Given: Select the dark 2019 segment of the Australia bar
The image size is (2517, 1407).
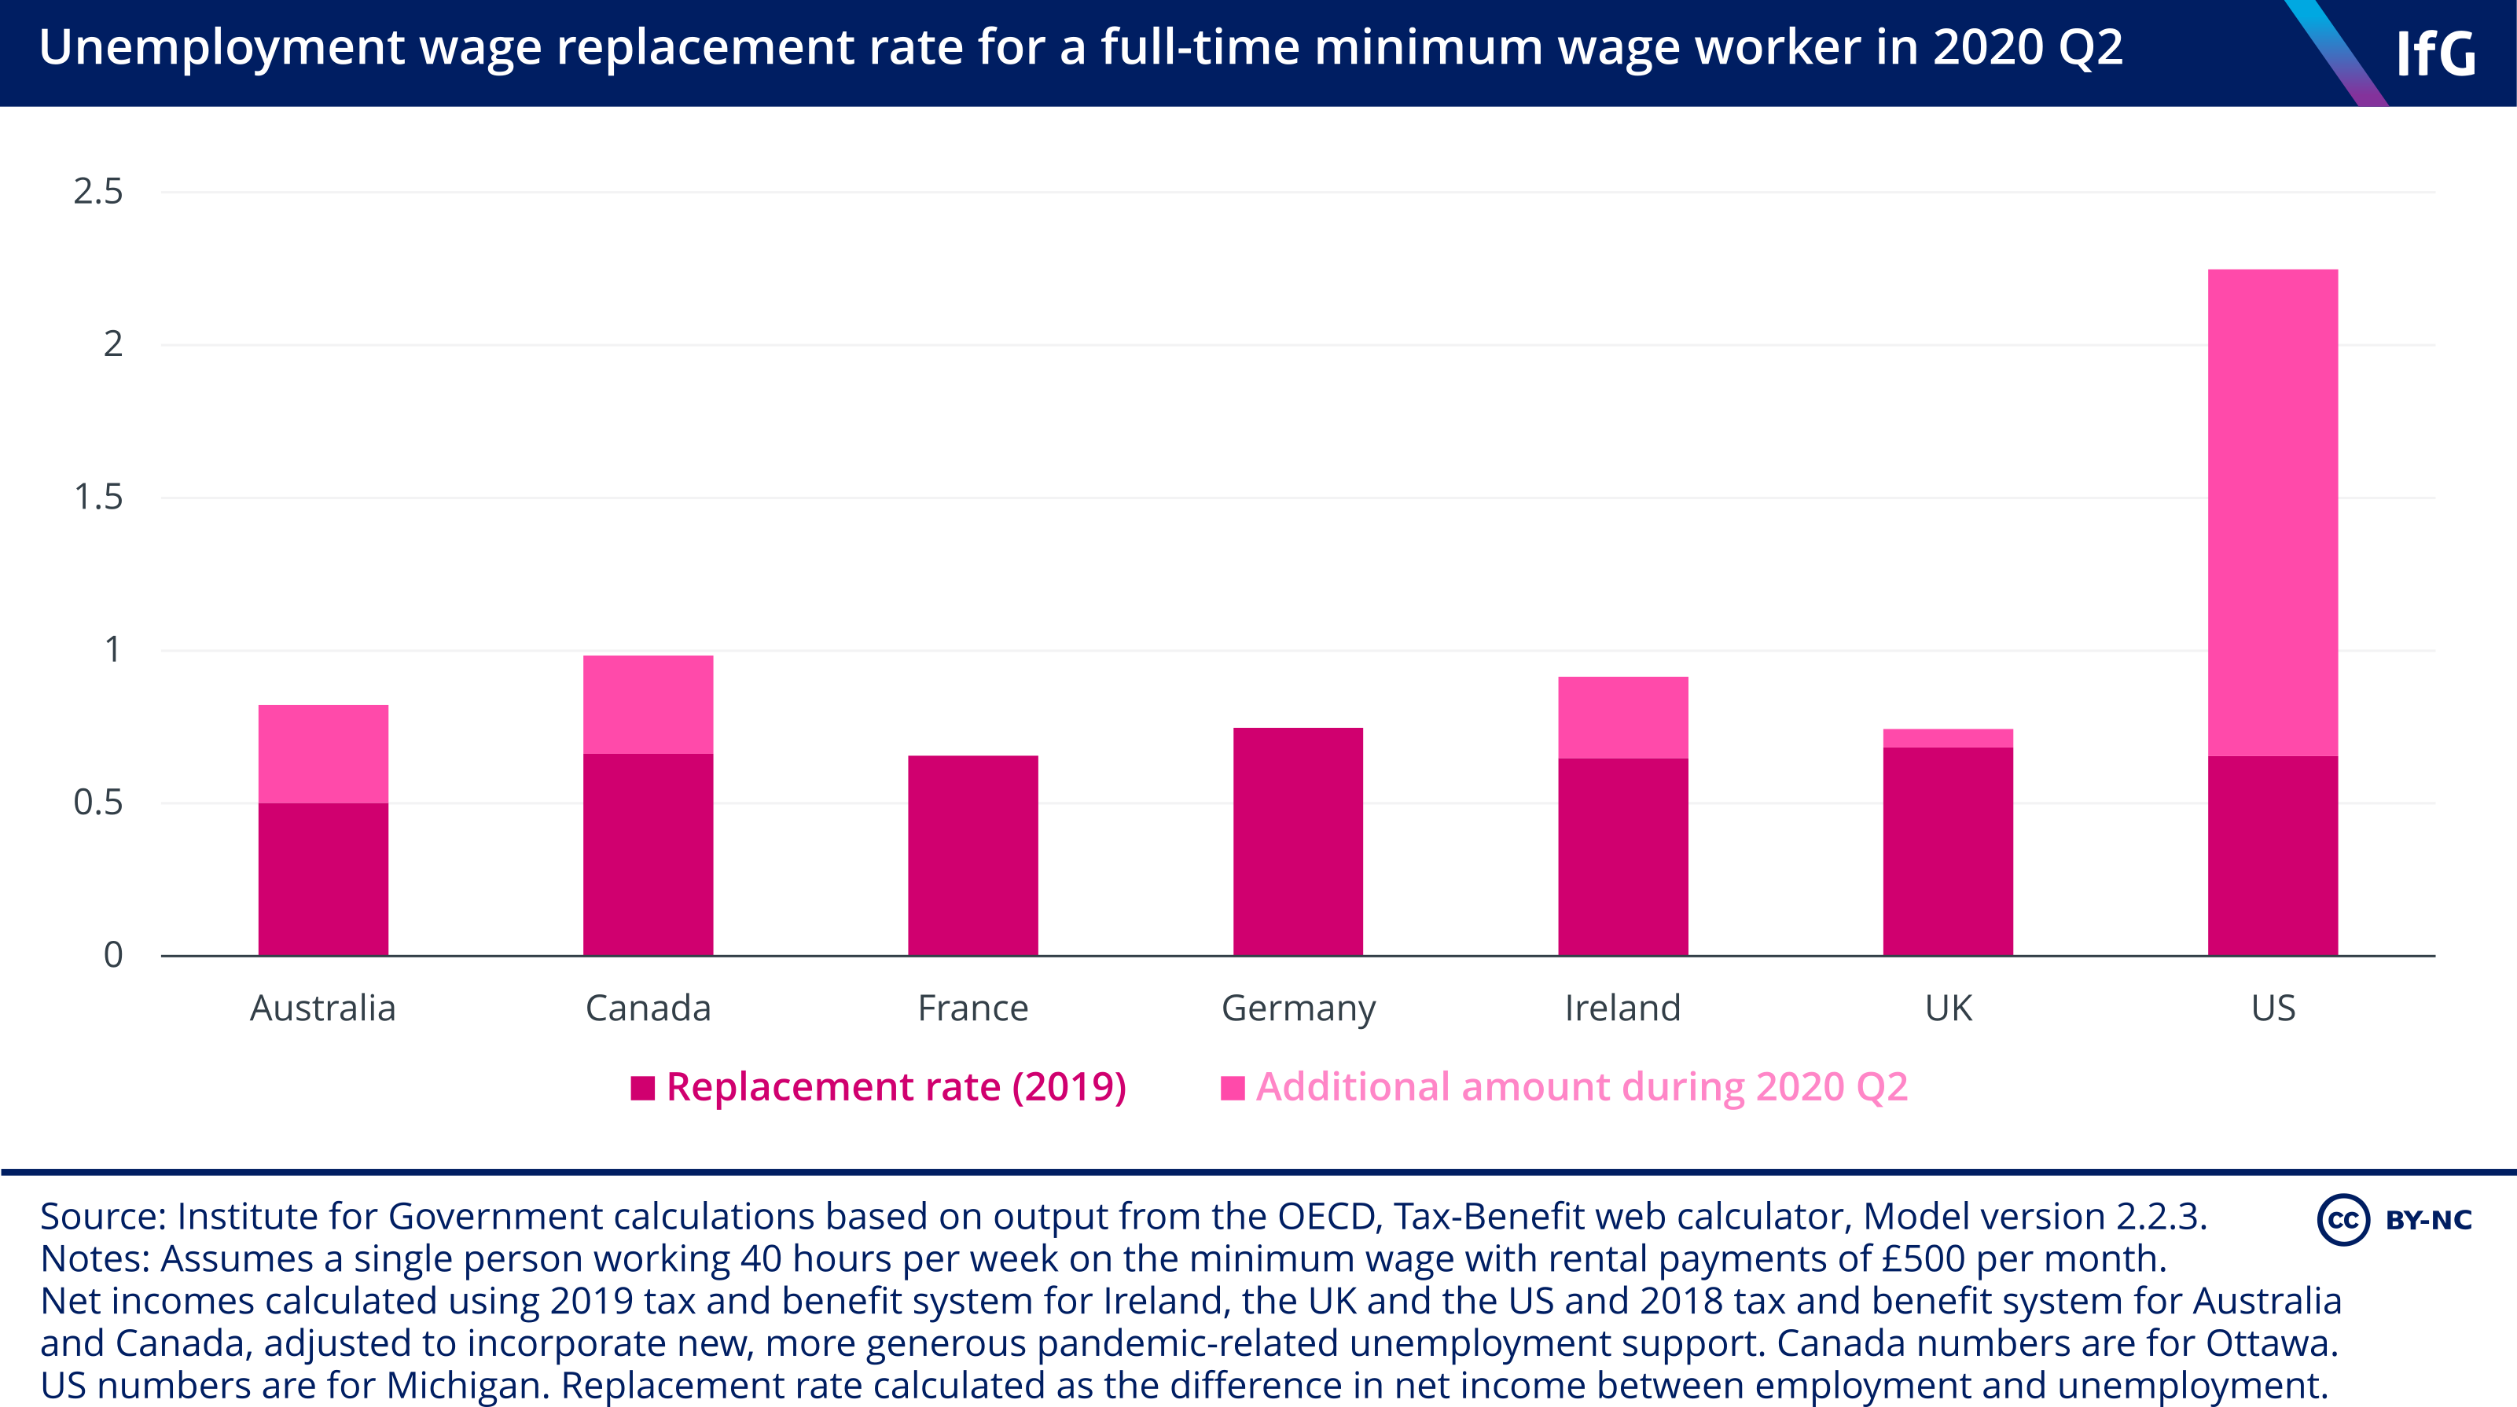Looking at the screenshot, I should click(x=322, y=879).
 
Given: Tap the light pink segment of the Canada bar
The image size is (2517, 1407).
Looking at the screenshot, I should click(x=648, y=703).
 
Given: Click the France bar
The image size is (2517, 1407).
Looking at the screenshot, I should click(x=972, y=855).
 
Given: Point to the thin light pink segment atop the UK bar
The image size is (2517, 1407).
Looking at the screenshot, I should click(x=1947, y=738).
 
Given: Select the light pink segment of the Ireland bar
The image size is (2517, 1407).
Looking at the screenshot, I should click(x=1622, y=717).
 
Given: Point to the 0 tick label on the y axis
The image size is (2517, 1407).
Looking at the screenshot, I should click(x=113, y=954).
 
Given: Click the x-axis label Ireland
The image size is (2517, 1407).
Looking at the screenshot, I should click(x=1622, y=1008).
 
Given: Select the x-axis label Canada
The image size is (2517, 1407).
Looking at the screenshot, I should click(x=648, y=1008).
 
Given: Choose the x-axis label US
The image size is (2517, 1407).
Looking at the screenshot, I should click(x=2273, y=1008).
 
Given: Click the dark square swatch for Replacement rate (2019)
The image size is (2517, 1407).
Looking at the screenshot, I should click(x=642, y=1088).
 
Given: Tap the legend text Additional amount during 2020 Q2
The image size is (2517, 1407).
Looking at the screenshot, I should click(x=1581, y=1086).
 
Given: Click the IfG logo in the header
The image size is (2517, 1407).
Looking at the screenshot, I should click(x=2435, y=53).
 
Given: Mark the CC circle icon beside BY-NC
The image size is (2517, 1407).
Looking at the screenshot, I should click(x=2343, y=1219).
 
